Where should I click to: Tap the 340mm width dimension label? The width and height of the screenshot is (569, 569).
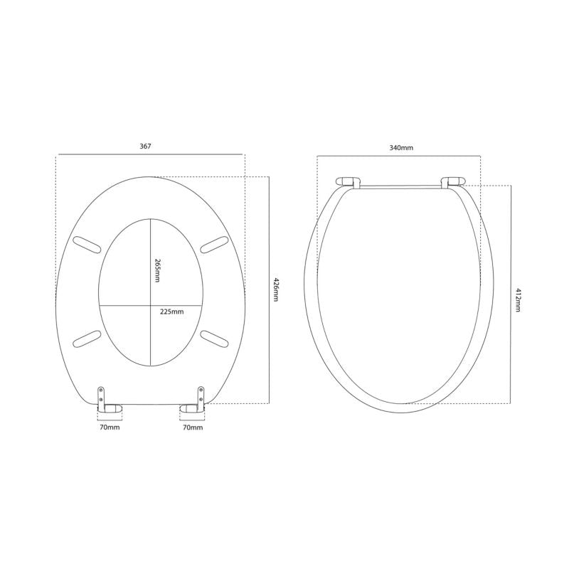401,147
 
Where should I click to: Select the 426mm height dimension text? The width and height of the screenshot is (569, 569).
275,289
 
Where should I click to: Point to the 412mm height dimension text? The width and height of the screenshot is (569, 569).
518,301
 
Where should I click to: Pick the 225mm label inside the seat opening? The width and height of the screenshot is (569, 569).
172,312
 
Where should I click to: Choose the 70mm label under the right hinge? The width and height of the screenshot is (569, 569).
193,428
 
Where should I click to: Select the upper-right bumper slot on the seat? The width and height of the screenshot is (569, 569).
213,245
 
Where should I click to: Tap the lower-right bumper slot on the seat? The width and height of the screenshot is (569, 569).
213,336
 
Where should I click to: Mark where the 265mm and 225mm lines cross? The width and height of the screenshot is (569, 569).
150,305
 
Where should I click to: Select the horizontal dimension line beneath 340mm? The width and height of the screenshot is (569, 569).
400,156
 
